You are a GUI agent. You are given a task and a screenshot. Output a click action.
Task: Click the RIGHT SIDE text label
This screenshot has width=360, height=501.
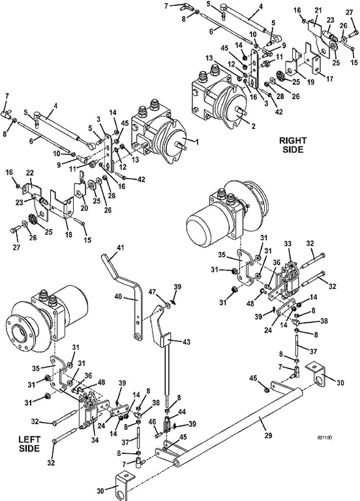[x=293, y=145]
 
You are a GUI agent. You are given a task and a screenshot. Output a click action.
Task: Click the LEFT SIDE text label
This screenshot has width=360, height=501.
[x=29, y=444]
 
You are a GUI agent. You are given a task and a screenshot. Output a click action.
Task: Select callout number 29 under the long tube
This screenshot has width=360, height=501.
[x=268, y=436]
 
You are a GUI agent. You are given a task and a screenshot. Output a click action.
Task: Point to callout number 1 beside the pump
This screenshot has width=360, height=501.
[x=197, y=142]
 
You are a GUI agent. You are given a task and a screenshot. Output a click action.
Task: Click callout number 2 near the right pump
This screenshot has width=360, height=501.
[x=253, y=126]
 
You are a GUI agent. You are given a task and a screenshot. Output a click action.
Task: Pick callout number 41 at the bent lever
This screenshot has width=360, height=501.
[x=120, y=248]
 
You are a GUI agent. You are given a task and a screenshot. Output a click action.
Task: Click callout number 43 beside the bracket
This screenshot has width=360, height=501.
[x=186, y=342]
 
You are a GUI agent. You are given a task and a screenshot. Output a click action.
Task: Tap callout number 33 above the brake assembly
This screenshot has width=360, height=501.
[x=288, y=244]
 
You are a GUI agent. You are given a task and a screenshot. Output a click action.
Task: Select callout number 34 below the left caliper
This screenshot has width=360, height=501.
[x=95, y=440]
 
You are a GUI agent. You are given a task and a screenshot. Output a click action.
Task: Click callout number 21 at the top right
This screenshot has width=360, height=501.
[x=318, y=10]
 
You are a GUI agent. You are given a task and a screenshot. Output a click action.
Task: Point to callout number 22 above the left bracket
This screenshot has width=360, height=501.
[x=30, y=172]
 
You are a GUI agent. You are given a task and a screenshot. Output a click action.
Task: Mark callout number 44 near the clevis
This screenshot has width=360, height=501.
[x=181, y=412]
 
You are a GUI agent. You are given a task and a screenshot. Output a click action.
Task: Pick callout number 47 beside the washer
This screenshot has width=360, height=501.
[x=153, y=292]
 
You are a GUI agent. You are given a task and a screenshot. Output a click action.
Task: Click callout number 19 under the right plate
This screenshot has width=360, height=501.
[x=310, y=82]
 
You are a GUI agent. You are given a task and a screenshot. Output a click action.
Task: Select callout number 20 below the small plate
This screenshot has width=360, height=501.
[x=84, y=208]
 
